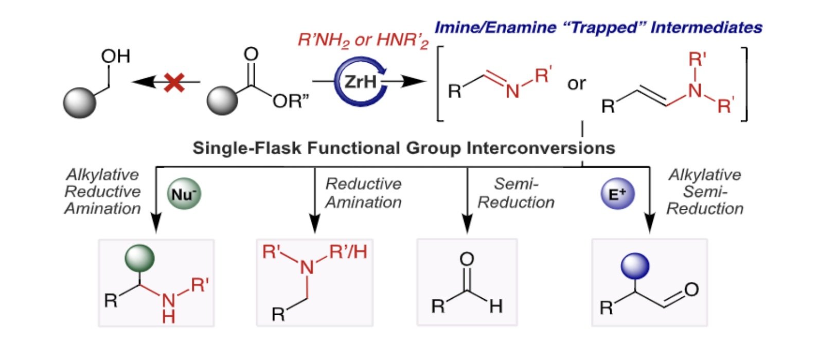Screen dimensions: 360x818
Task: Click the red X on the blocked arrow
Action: point(174,82)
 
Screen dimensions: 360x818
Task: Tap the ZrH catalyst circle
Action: point(360,81)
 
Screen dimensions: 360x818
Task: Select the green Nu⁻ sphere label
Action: point(184,194)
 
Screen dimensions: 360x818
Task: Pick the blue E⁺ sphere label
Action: point(617,194)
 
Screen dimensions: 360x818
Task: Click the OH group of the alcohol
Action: point(116,56)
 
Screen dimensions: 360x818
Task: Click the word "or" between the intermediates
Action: point(577,83)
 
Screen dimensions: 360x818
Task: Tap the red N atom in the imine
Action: point(512,92)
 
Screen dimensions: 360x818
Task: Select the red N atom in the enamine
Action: point(695,91)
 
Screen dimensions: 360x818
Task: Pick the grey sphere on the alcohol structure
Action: point(80,102)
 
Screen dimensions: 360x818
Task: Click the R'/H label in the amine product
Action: point(348,252)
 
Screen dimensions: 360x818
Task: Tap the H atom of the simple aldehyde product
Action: point(496,307)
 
